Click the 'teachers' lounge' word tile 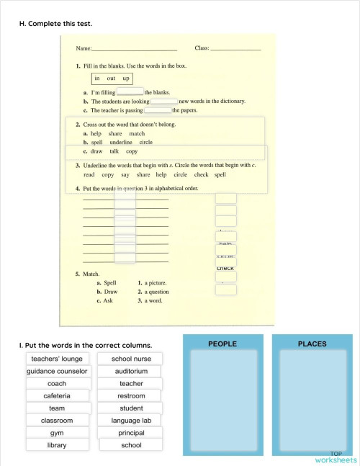(57, 359)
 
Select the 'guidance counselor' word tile (57, 371)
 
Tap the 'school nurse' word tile (131, 359)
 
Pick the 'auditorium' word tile (131, 371)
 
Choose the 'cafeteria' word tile (57, 395)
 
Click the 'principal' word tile (131, 433)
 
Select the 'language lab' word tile (131, 420)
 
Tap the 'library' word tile (57, 445)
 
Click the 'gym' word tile (57, 433)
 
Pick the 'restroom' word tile (131, 395)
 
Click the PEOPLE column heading (222, 344)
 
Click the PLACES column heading (312, 344)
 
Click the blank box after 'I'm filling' (130, 91)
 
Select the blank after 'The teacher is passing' (158, 110)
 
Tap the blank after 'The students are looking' (164, 101)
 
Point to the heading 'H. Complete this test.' (55, 24)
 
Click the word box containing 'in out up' (112, 78)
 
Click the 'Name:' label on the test (84, 48)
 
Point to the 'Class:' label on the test (202, 48)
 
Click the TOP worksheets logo (335, 456)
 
